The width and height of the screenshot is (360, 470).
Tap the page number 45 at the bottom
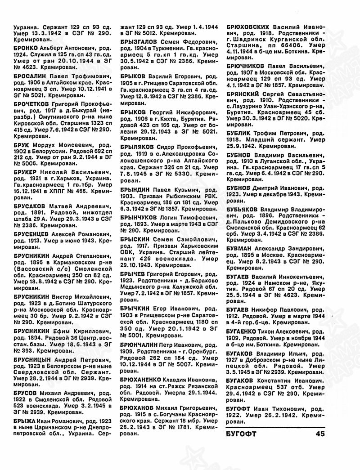coord(320,434)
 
